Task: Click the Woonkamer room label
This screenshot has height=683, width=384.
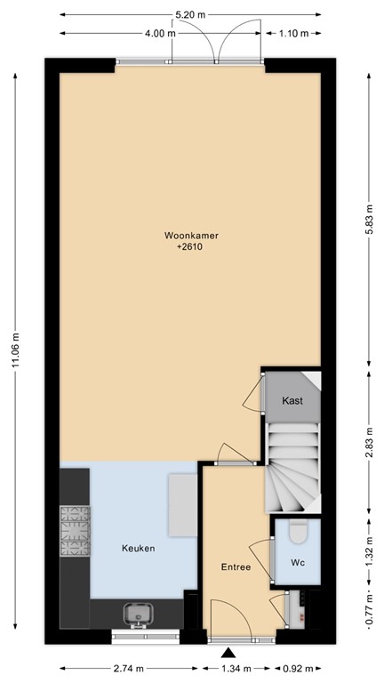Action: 191,236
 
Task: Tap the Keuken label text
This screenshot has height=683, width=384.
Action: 139,549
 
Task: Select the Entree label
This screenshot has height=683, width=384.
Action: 236,567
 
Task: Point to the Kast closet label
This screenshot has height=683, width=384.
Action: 292,401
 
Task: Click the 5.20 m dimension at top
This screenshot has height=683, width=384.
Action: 190,15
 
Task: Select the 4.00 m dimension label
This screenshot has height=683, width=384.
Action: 159,34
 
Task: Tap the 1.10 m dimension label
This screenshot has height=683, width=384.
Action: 292,34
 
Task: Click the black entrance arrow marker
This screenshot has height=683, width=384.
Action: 230,654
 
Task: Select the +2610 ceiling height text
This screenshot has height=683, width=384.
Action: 191,247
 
